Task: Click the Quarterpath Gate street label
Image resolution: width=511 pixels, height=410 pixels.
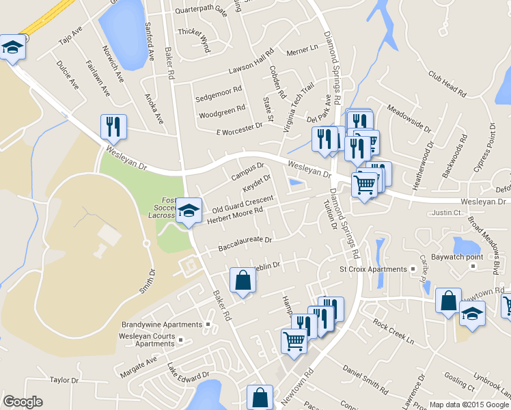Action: [201, 11]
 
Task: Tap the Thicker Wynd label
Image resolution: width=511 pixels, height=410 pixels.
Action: [194, 31]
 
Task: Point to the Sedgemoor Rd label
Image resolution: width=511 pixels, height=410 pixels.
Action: [219, 89]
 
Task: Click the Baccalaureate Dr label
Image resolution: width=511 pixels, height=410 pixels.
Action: [245, 241]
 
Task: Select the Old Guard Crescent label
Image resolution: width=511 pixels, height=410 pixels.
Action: [243, 203]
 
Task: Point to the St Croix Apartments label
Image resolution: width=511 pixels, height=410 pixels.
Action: [373, 269]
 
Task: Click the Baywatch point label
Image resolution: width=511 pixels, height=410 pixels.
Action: [475, 257]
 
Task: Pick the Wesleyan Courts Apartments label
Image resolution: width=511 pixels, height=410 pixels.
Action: [146, 340]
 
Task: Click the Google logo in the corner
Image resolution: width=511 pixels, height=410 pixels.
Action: [23, 402]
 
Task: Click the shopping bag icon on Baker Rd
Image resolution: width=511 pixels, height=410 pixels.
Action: [243, 279]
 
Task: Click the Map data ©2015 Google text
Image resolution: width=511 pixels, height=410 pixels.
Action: [469, 405]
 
